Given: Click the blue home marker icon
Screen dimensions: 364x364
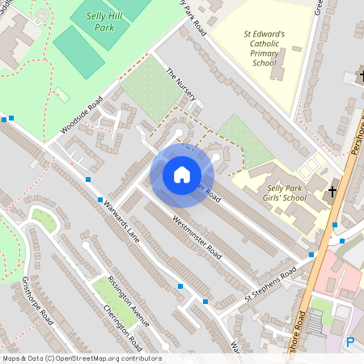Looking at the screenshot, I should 182,175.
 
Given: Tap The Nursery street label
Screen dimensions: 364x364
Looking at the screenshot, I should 180,84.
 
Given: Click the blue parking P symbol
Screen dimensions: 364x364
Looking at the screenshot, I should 350,342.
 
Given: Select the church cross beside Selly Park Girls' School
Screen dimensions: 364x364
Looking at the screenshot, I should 329,193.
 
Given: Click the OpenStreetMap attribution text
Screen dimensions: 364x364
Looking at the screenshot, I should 81,358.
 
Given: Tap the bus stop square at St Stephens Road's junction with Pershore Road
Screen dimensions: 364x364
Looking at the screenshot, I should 311,255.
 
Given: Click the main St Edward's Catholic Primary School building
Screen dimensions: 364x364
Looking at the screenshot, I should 277,69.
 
